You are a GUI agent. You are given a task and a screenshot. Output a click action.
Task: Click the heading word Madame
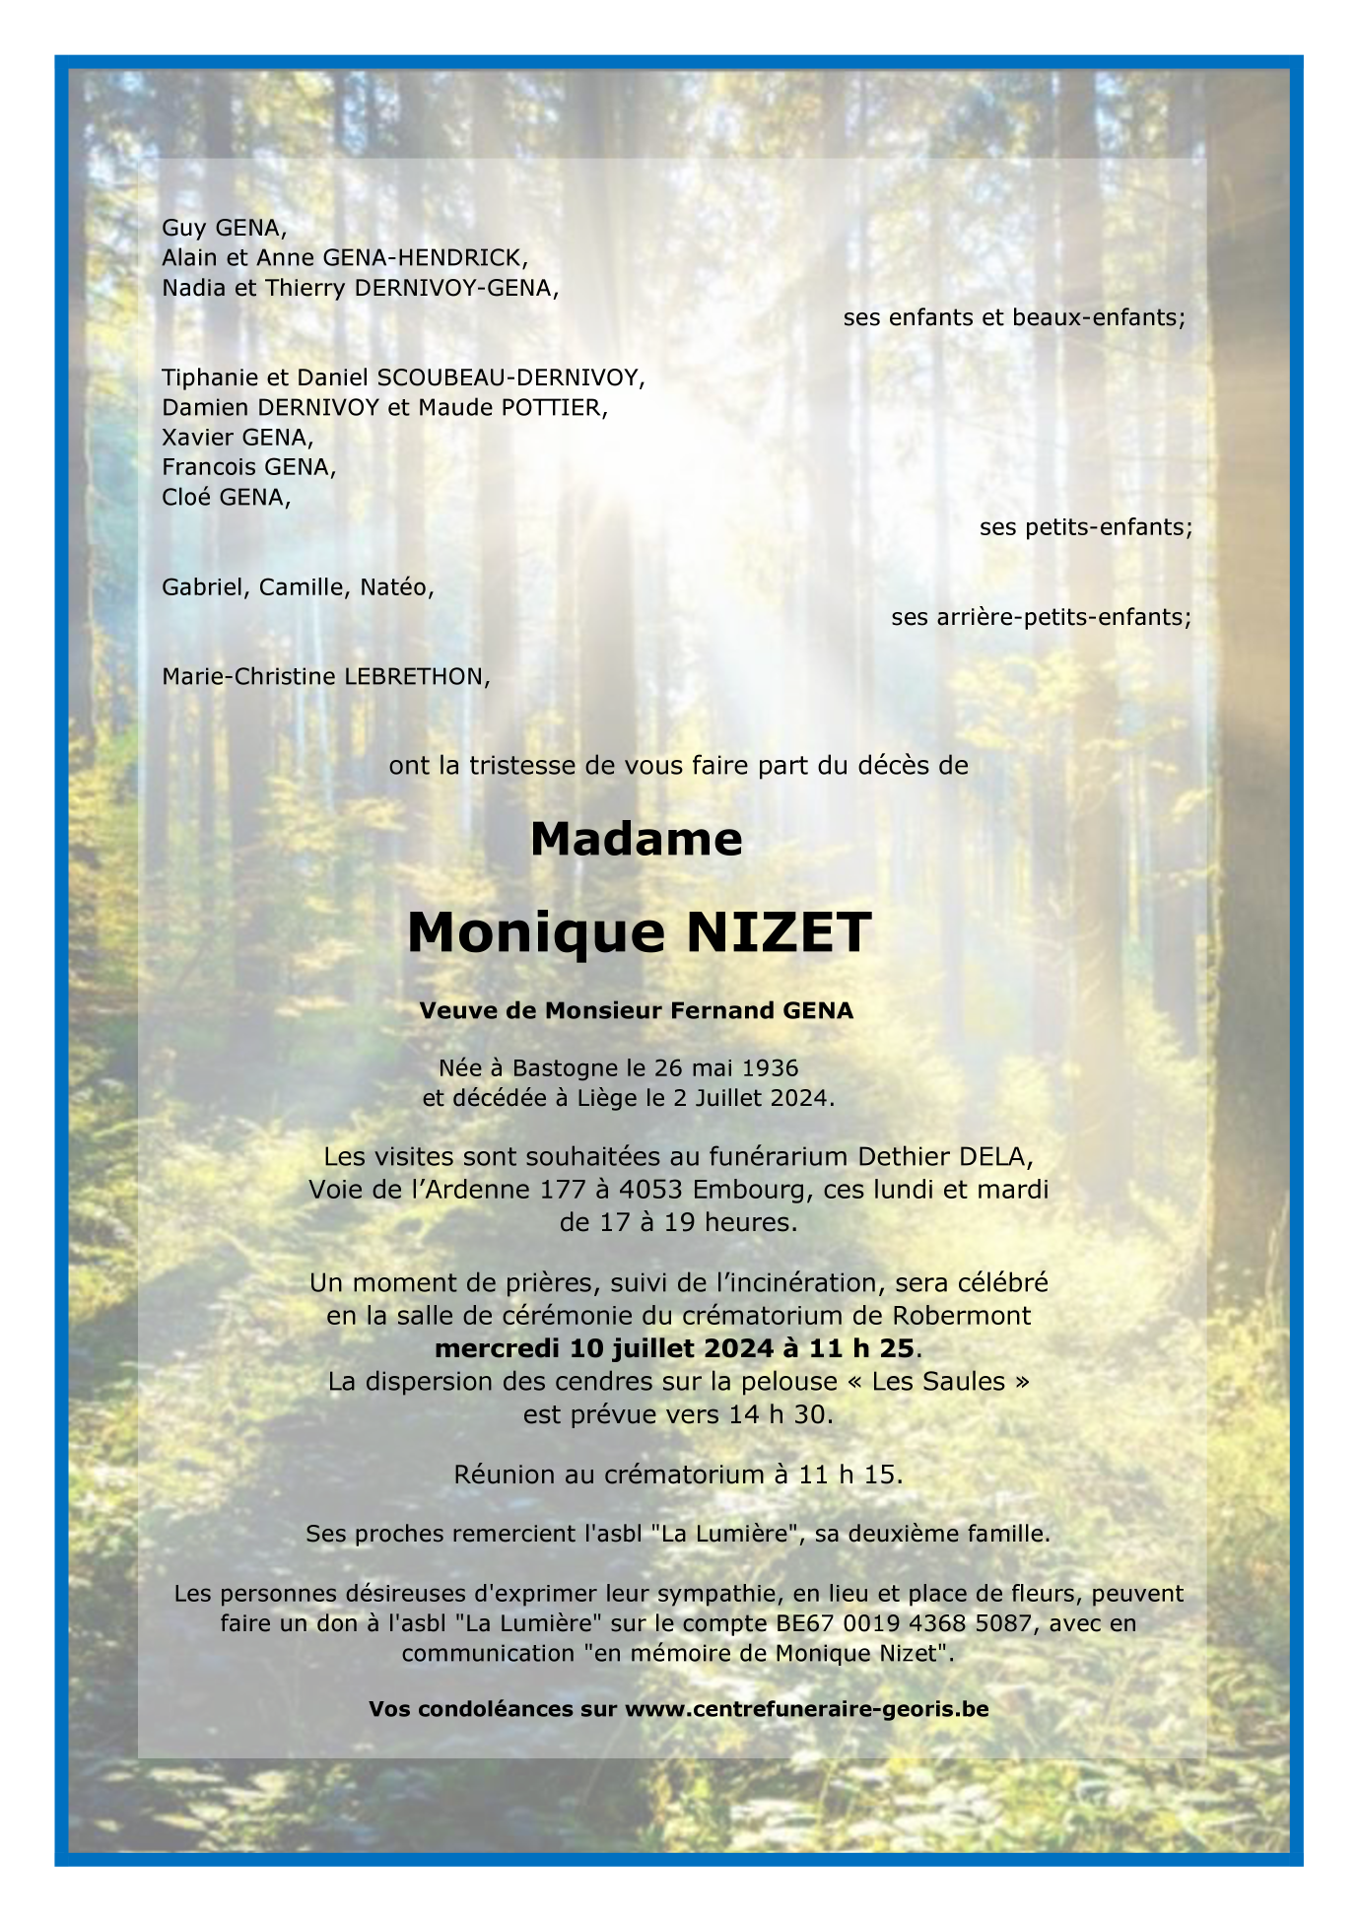click(636, 839)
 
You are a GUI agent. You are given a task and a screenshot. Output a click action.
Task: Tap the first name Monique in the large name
click(537, 933)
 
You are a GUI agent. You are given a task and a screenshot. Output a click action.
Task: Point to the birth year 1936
click(769, 1067)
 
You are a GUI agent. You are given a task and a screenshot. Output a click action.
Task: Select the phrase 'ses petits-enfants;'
click(1085, 527)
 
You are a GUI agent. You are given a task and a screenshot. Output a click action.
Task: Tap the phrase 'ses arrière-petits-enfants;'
click(1041, 617)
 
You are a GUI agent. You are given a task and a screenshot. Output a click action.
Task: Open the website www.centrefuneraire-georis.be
click(806, 1708)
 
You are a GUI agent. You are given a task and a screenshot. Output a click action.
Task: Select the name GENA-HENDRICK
click(426, 258)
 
